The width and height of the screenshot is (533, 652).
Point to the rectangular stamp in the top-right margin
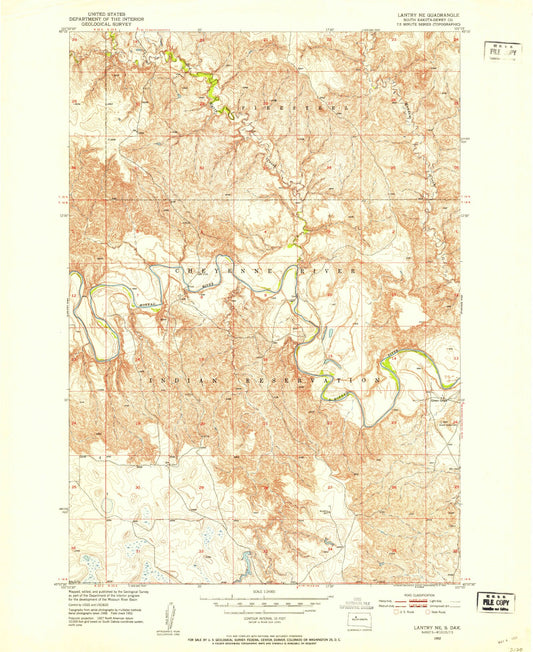point(503,51)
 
